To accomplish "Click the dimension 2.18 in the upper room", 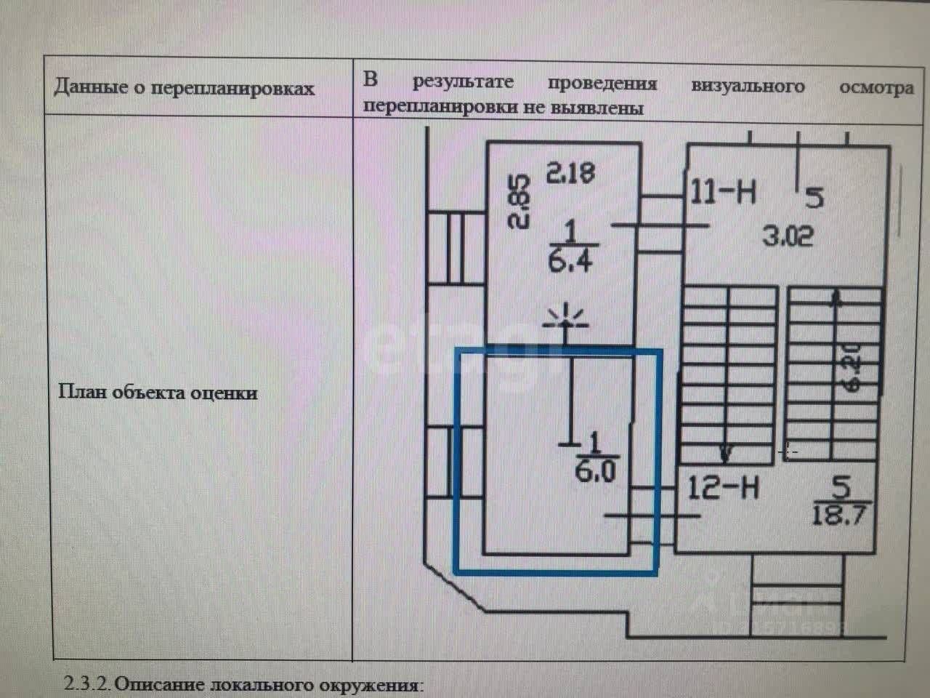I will [570, 172].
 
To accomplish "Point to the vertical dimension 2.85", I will [520, 201].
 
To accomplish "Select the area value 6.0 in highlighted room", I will [596, 472].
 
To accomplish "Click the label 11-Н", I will [724, 193].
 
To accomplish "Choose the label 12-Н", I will [724, 486].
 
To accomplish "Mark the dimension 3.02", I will [788, 236].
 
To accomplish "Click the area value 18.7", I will [839, 516].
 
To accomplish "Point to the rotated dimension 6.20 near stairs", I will [851, 367].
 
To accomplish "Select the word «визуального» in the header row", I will [748, 86].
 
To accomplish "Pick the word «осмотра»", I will [876, 87].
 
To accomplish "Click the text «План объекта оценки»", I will [158, 392].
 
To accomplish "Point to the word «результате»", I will [463, 82].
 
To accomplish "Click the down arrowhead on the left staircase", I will [725, 454].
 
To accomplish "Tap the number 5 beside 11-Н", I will [814, 197].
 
